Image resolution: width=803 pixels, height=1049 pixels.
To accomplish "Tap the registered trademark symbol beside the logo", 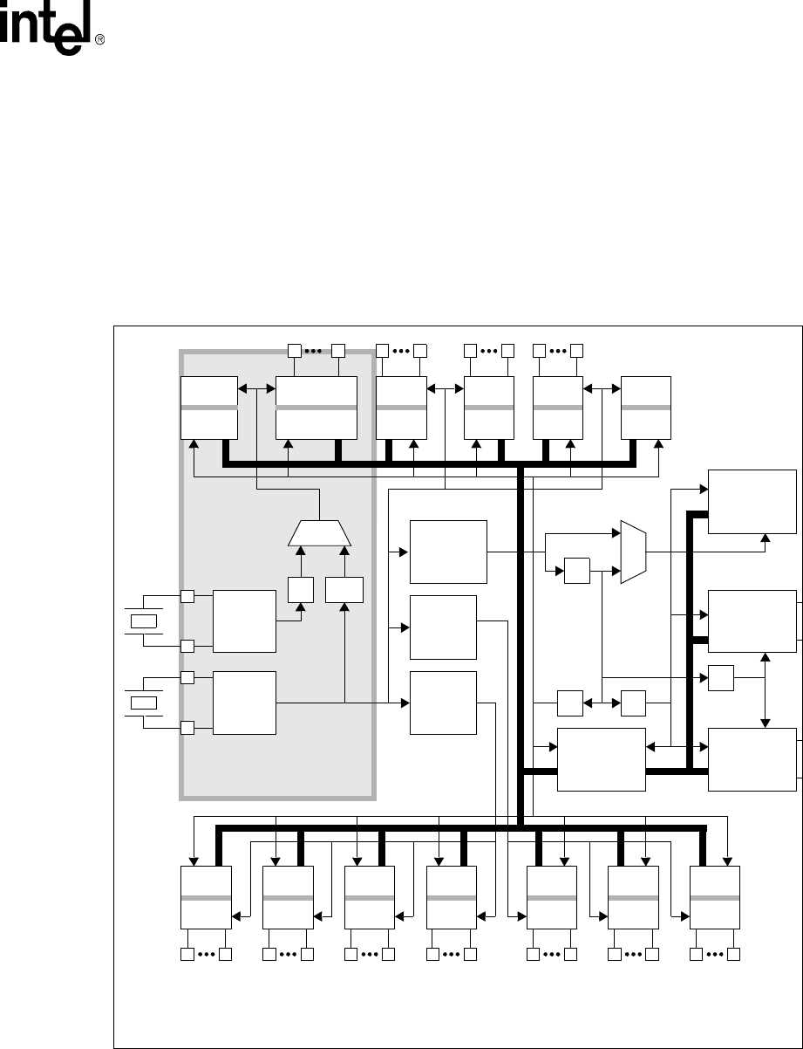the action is point(100,39).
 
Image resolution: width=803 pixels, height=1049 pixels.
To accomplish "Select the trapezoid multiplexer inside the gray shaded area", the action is point(319,533).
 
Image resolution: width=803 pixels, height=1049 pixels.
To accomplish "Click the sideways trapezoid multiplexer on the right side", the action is point(633,552).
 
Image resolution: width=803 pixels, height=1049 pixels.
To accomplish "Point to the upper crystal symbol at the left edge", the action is point(144,620).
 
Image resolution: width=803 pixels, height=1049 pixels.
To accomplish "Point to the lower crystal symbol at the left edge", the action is point(144,703).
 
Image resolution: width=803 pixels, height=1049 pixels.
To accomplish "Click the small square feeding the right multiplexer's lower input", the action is point(577,571).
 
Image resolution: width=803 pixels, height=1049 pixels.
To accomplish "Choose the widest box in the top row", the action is point(316,408).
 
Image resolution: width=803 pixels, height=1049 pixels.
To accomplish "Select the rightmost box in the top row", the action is point(646,408).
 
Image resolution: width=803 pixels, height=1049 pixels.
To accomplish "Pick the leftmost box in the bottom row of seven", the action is point(206,897).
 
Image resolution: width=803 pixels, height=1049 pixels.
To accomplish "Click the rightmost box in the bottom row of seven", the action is point(715,897).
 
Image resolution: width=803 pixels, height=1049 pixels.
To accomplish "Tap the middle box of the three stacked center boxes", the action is point(443,627).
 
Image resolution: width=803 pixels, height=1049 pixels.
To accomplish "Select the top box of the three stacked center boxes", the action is point(448,552).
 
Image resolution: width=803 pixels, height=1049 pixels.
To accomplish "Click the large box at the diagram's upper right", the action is point(752,502).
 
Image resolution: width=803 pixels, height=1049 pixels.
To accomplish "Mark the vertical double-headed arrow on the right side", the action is point(765,690).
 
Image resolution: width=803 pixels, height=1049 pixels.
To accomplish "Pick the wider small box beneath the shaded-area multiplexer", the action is point(344,589).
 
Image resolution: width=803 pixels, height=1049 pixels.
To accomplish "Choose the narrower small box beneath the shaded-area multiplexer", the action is point(301,589).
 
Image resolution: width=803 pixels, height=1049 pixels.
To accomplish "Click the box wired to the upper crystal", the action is point(244,620).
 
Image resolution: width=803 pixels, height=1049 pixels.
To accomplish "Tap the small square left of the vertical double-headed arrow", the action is point(720,678).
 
